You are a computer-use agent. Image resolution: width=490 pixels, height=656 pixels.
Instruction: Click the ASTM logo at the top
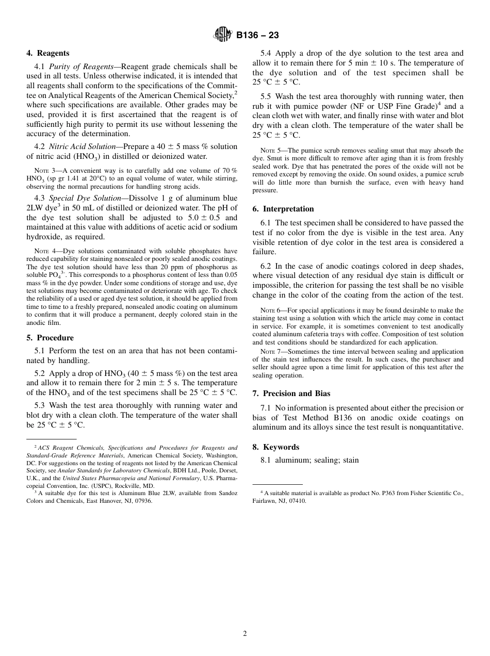[223, 35]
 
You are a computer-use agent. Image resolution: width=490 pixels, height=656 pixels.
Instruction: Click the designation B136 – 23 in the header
[257, 36]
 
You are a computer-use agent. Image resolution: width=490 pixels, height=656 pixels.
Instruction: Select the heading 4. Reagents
[47, 53]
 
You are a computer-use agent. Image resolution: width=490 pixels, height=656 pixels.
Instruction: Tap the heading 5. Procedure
[50, 338]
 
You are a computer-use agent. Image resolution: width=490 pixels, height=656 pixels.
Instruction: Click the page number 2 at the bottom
[245, 634]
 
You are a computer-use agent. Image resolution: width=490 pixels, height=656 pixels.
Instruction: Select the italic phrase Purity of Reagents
[81, 67]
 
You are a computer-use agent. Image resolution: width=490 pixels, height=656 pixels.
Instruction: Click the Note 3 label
[43, 171]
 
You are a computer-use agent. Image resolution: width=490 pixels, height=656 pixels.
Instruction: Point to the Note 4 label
[43, 251]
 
